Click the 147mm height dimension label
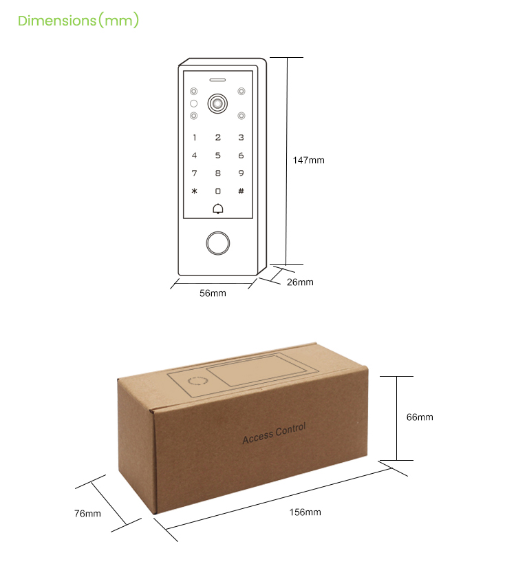click(x=308, y=160)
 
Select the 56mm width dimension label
click(x=213, y=293)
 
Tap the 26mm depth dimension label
click(x=300, y=282)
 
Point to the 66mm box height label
click(x=420, y=417)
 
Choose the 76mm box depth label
click(x=87, y=513)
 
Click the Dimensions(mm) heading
click(x=78, y=21)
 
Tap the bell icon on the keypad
click(x=218, y=209)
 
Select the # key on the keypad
click(x=241, y=191)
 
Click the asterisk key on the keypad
click(x=195, y=191)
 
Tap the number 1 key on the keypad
click(x=195, y=138)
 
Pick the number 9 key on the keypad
click(x=241, y=174)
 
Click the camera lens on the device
click(x=218, y=104)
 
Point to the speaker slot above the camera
click(x=218, y=78)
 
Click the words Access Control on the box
click(x=274, y=433)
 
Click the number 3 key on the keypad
click(x=241, y=138)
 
